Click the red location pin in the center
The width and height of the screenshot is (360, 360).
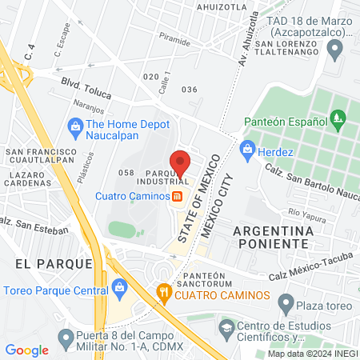pyautogui.click(x=180, y=162)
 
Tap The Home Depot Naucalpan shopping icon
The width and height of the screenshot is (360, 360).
pyautogui.click(x=76, y=125)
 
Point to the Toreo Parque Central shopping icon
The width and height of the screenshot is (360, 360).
pyautogui.click(x=119, y=286)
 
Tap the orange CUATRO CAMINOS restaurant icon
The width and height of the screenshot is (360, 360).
pyautogui.click(x=164, y=292)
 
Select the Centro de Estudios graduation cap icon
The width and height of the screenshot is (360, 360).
pyautogui.click(x=227, y=327)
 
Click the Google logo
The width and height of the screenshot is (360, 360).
pyautogui.click(x=26, y=350)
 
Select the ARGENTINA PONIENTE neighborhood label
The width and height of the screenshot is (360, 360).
pyautogui.click(x=272, y=238)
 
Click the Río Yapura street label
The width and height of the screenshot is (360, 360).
pyautogui.click(x=305, y=214)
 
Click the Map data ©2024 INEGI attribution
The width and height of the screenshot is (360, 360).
pyautogui.click(x=312, y=353)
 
